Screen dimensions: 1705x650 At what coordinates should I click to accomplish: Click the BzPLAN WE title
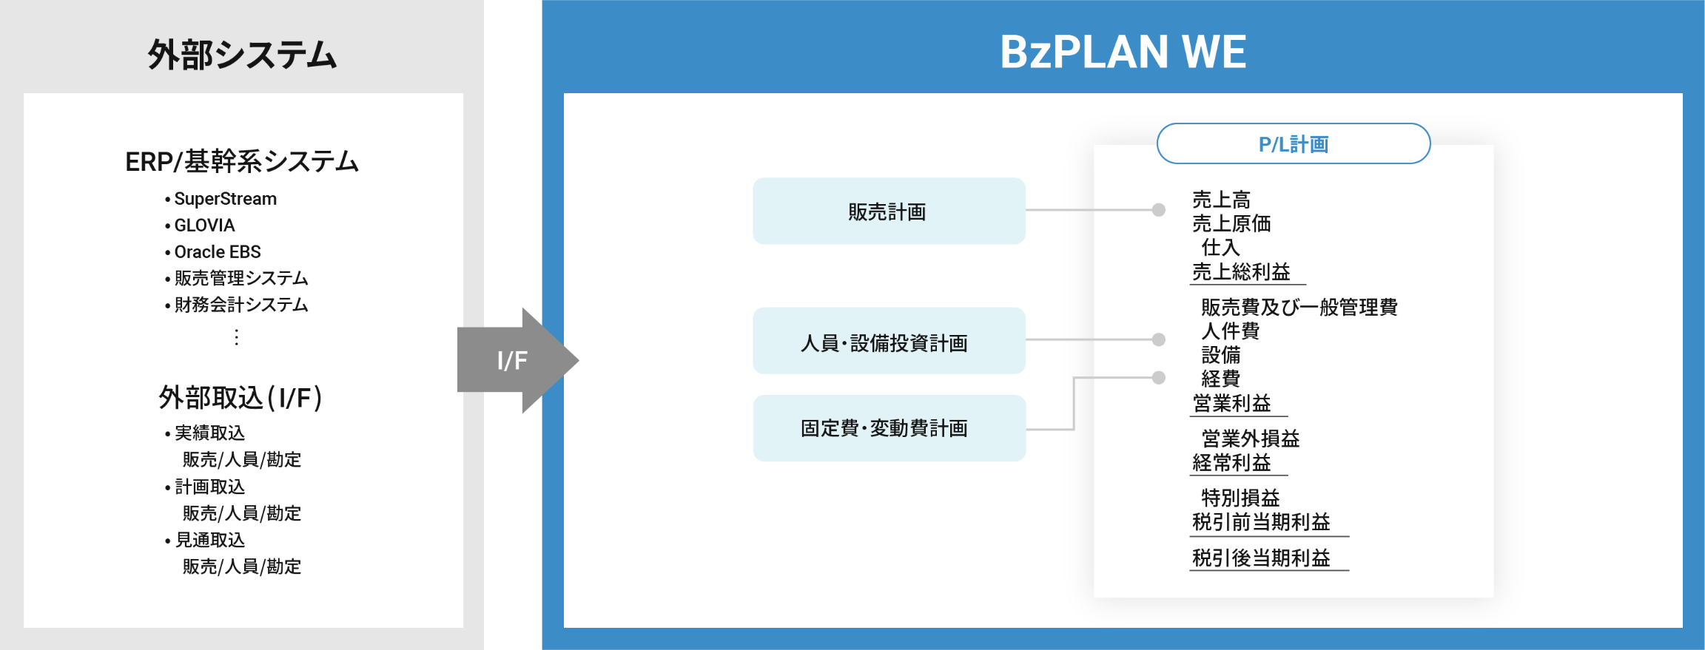[x=1123, y=52]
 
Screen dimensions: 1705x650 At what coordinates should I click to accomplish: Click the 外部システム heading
[x=242, y=55]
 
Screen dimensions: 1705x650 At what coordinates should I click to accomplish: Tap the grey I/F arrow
[x=517, y=360]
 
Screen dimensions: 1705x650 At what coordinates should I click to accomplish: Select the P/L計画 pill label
[x=1294, y=143]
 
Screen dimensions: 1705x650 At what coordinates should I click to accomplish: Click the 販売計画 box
[x=889, y=211]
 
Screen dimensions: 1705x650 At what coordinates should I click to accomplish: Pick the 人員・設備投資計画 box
[x=889, y=341]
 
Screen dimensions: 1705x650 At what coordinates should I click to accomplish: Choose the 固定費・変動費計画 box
[x=889, y=428]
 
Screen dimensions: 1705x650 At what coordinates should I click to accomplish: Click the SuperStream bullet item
[x=221, y=199]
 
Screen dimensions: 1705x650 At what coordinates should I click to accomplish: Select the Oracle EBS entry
[x=212, y=251]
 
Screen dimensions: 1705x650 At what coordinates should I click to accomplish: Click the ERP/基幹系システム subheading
[x=242, y=161]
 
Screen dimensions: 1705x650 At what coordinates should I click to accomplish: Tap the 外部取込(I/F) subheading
[x=241, y=398]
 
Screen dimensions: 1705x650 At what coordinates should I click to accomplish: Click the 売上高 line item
[x=1221, y=200]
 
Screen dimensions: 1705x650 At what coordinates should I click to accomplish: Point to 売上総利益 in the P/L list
[x=1241, y=271]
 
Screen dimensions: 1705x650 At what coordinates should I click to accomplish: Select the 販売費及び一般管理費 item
[x=1299, y=307]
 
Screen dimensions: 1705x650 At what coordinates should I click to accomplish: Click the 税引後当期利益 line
[x=1261, y=558]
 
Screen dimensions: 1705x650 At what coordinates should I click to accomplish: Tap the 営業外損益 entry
[x=1250, y=439]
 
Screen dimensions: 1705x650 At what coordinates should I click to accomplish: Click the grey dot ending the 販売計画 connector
[x=1159, y=210]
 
